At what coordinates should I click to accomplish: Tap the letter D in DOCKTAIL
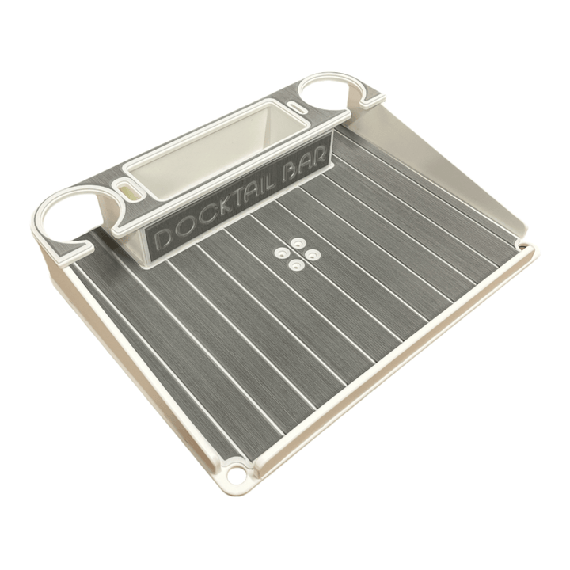[x=163, y=237]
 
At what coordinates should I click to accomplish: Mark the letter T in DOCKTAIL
[x=230, y=207]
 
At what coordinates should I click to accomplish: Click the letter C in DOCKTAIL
[x=196, y=222]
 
